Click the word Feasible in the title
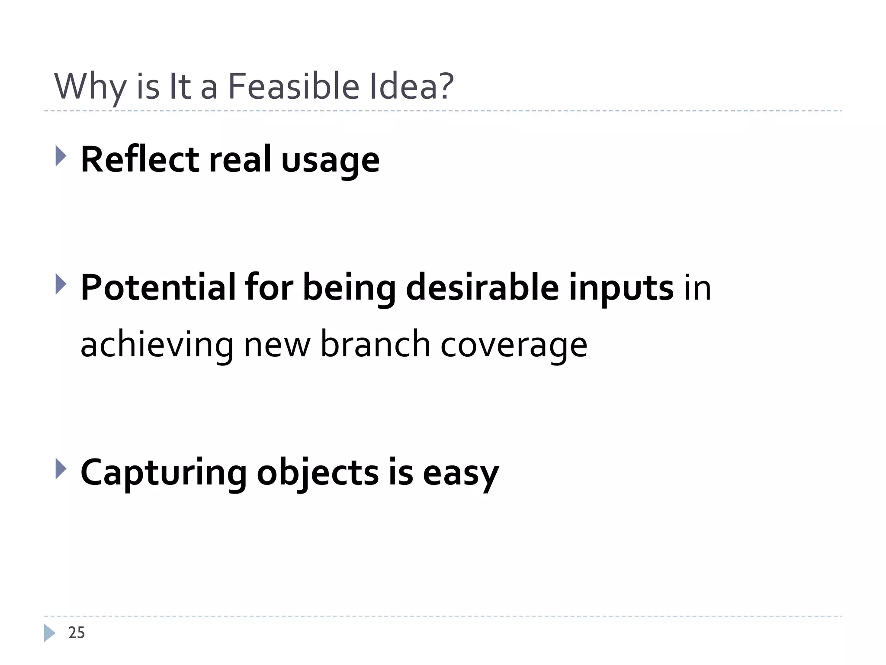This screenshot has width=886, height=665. pos(293,86)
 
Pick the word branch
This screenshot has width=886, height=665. pos(375,344)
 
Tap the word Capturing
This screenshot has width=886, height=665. pos(164,473)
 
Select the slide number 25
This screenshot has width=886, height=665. pos(77,633)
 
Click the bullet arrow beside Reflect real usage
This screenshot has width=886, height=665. pos(61,156)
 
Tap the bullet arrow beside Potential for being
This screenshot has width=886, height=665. pos(61,284)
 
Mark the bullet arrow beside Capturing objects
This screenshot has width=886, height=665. pos(61,469)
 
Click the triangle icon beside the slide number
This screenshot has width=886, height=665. pos(49,633)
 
